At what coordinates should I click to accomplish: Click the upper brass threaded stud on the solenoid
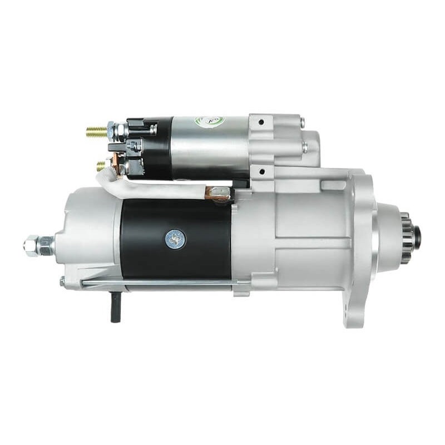pyautogui.click(x=96, y=132)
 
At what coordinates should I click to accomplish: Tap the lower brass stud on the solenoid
pyautogui.click(x=101, y=165)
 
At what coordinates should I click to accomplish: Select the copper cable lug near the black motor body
pyautogui.click(x=217, y=193)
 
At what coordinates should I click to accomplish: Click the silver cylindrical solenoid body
pyautogui.click(x=209, y=147)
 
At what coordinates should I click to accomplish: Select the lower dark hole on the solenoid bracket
pyautogui.click(x=261, y=174)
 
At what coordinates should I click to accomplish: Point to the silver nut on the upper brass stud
pyautogui.click(x=112, y=131)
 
